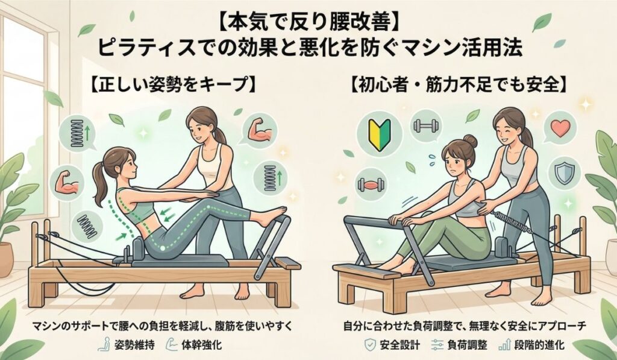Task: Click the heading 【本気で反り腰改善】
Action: (308, 24)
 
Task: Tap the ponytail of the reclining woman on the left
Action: (99, 182)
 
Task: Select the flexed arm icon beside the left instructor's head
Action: (261, 130)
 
